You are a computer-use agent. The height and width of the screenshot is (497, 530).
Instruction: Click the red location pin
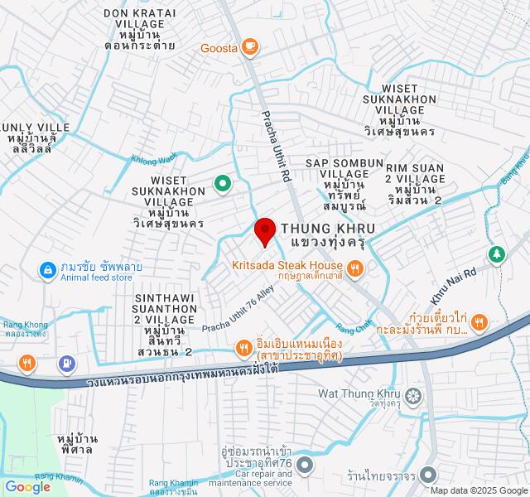(x=264, y=229)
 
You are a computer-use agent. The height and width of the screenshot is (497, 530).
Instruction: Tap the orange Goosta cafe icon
(x=249, y=47)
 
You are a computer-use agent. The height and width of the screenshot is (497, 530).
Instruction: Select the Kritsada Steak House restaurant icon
(x=355, y=267)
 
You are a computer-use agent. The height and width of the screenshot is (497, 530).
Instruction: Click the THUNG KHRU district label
(x=329, y=228)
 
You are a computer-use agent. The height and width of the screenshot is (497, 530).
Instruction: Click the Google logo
(x=26, y=487)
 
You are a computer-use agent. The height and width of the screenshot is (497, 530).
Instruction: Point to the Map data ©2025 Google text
(x=478, y=490)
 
